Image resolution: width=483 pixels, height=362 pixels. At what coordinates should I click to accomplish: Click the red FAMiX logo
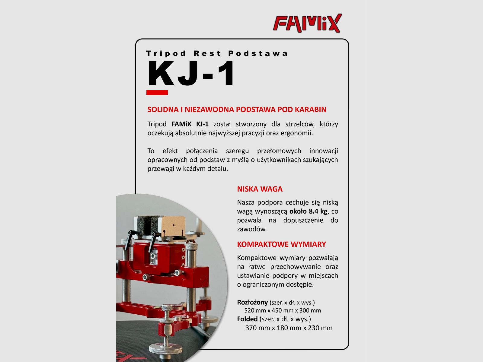(307, 23)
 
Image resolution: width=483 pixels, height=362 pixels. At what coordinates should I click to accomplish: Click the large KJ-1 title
(191, 74)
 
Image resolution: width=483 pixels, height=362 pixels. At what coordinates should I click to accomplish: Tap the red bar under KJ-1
(157, 92)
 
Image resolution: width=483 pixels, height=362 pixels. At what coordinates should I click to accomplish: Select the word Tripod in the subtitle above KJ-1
(166, 54)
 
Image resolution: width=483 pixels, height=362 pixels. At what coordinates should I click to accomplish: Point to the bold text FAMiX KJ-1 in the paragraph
(190, 124)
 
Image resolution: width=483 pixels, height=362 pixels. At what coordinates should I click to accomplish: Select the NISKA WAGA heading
(260, 189)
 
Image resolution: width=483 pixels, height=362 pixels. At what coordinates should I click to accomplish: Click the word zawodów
(252, 229)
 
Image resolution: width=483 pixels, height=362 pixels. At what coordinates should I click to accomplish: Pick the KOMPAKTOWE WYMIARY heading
(281, 244)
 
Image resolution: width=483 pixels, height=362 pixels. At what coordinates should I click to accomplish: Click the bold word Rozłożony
(252, 302)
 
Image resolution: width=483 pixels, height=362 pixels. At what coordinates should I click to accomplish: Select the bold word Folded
(247, 319)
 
